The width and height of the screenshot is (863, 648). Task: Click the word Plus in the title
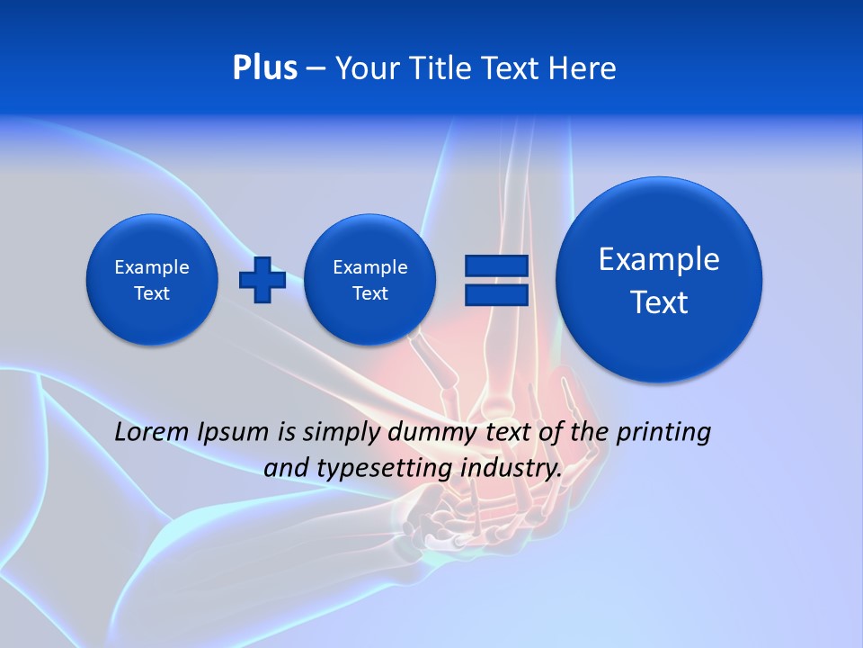pyautogui.click(x=264, y=68)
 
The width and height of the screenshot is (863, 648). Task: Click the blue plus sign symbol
pyautogui.click(x=262, y=280)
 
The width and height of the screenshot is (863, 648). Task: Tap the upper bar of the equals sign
pyautogui.click(x=496, y=265)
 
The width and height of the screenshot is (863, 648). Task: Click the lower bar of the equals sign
pyautogui.click(x=496, y=294)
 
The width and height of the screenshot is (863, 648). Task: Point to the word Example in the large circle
pyautogui.click(x=659, y=259)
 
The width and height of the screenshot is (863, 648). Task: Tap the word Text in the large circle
pyautogui.click(x=659, y=302)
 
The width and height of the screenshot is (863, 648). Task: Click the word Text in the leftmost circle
pyautogui.click(x=152, y=293)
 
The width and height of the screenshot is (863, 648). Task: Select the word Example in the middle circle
pyautogui.click(x=370, y=267)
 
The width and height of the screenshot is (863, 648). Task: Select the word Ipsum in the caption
pyautogui.click(x=235, y=432)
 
